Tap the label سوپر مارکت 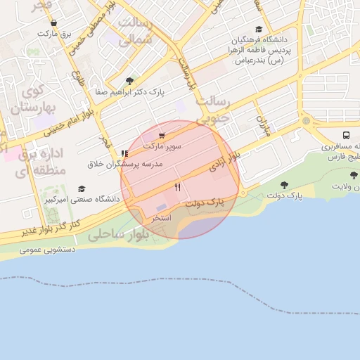click(x=162, y=146)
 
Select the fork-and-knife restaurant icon click(x=177, y=187)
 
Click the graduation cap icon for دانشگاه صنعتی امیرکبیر click(x=82, y=188)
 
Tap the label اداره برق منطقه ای click(x=41, y=161)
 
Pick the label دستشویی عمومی click(x=50, y=249)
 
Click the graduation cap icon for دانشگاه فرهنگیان click(x=259, y=29)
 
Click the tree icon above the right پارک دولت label click(x=284, y=185)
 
